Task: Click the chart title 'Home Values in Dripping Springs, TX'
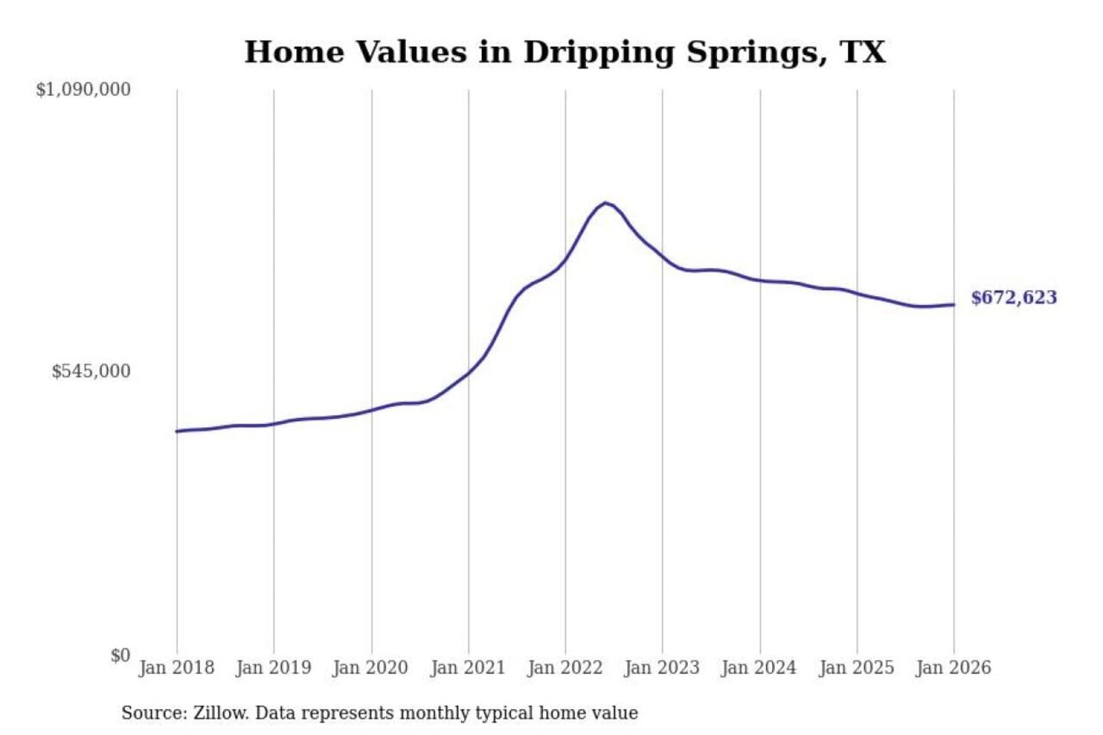pyautogui.click(x=565, y=52)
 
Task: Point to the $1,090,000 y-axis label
pyautogui.click(x=83, y=90)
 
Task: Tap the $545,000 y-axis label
pyautogui.click(x=90, y=371)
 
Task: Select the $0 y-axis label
pyautogui.click(x=120, y=655)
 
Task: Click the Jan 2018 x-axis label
pyautogui.click(x=176, y=668)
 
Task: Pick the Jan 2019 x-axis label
pyautogui.click(x=273, y=668)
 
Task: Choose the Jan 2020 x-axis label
pyautogui.click(x=371, y=668)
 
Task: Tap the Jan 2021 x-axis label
pyautogui.click(x=468, y=668)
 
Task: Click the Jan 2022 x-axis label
pyautogui.click(x=565, y=668)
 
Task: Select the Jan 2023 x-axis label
pyautogui.click(x=662, y=668)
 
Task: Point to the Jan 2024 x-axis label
pyautogui.click(x=759, y=668)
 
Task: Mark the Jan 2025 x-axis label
pyautogui.click(x=856, y=668)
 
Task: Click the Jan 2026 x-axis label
pyautogui.click(x=954, y=668)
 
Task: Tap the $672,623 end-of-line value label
pyautogui.click(x=1013, y=298)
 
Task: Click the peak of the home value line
pyautogui.click(x=605, y=203)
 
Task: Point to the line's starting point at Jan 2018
pyautogui.click(x=177, y=431)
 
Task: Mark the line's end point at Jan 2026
pyautogui.click(x=954, y=305)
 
